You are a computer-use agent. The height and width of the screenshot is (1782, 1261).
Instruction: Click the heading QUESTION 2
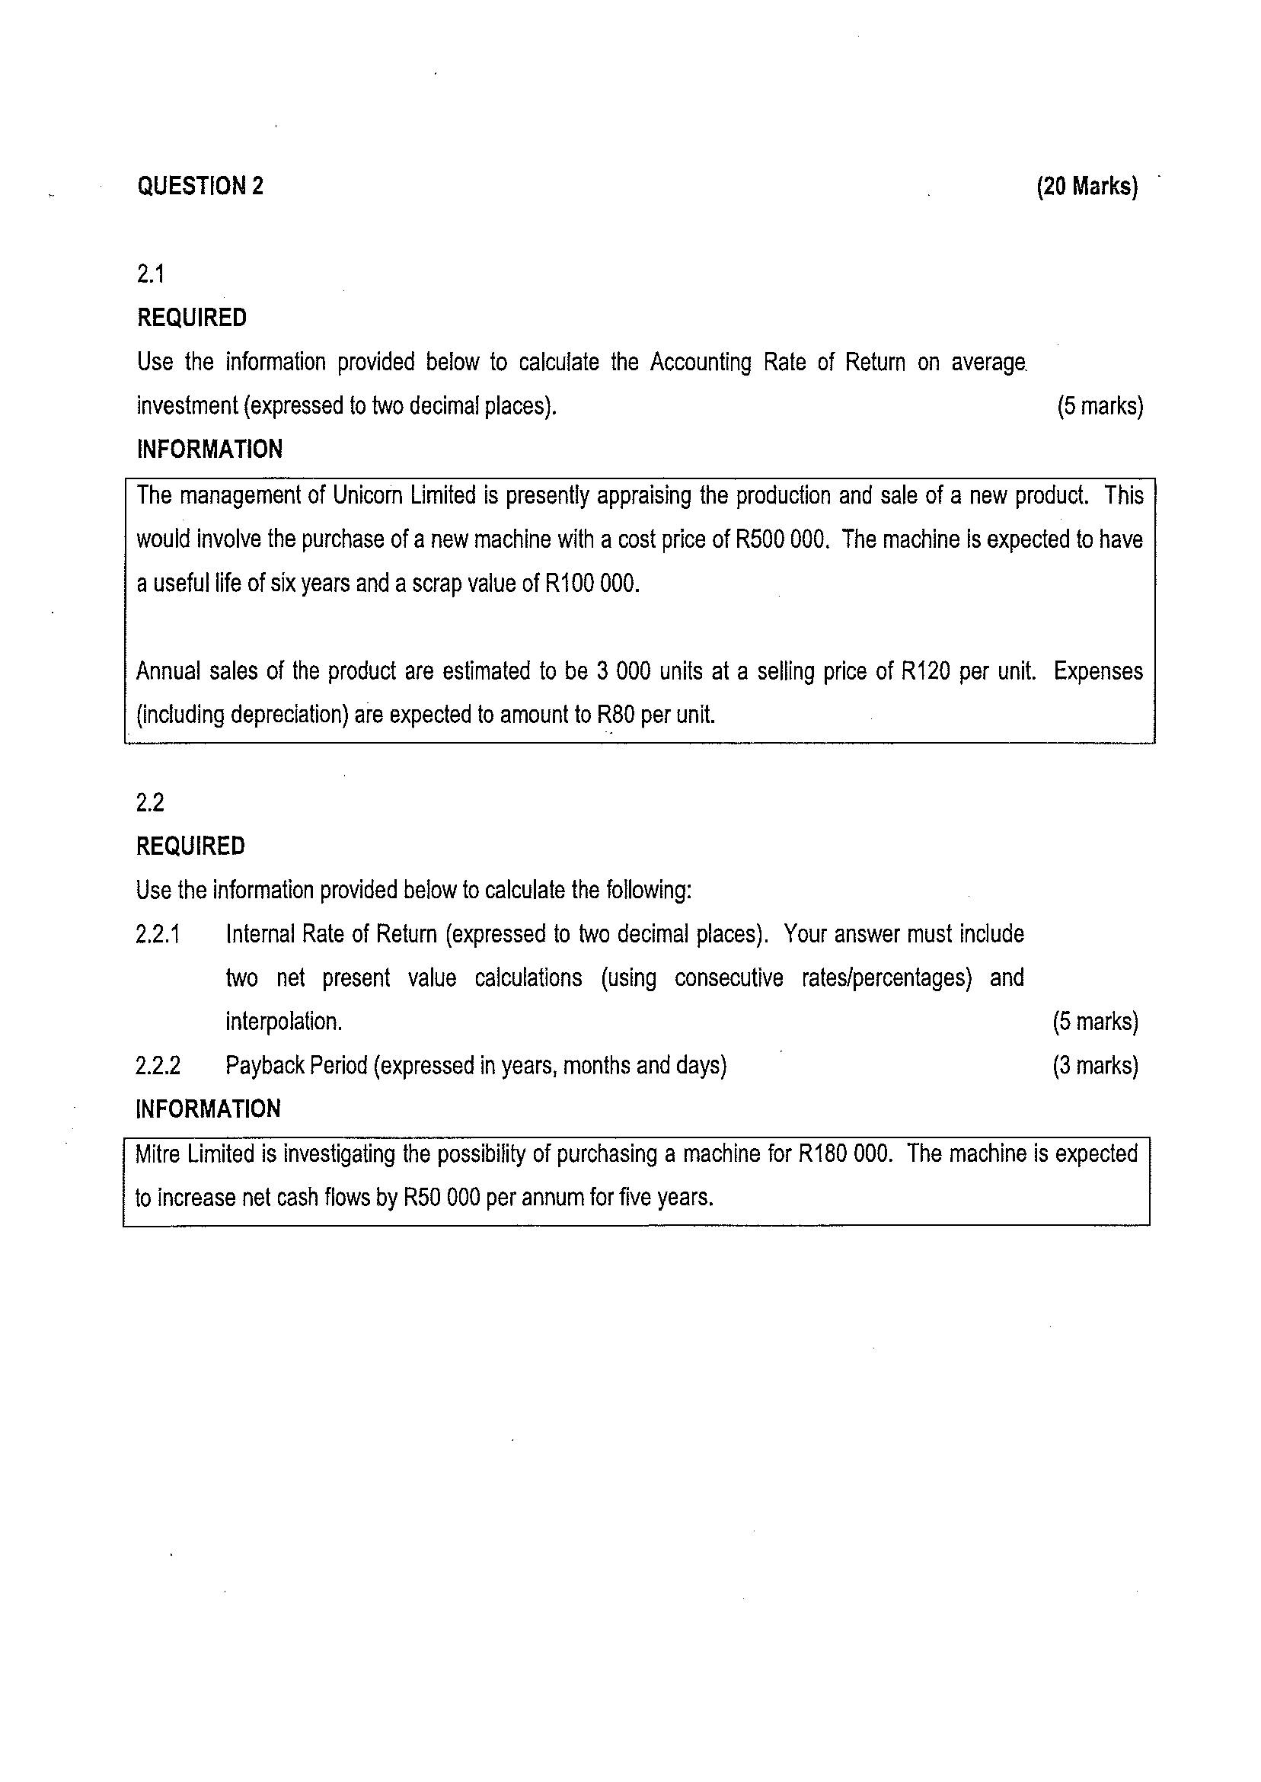click(x=200, y=187)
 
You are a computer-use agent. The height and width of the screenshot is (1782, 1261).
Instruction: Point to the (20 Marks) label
click(x=1087, y=187)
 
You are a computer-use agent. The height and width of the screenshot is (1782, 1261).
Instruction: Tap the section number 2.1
click(x=151, y=274)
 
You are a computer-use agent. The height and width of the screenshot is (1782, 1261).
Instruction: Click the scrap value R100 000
click(x=592, y=584)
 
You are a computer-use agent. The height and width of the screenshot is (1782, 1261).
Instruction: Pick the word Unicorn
click(x=367, y=496)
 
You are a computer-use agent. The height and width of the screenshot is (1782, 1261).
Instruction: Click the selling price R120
click(x=925, y=671)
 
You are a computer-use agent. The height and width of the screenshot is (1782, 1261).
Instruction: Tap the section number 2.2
click(x=151, y=802)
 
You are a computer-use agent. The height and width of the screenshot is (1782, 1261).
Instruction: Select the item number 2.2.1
click(x=158, y=934)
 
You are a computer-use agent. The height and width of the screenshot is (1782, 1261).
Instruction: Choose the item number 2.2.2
click(x=158, y=1066)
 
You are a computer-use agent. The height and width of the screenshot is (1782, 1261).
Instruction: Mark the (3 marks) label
click(x=1095, y=1066)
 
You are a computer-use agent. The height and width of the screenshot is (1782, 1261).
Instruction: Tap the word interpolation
click(x=283, y=1022)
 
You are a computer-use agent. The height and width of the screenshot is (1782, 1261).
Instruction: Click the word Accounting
click(x=701, y=363)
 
